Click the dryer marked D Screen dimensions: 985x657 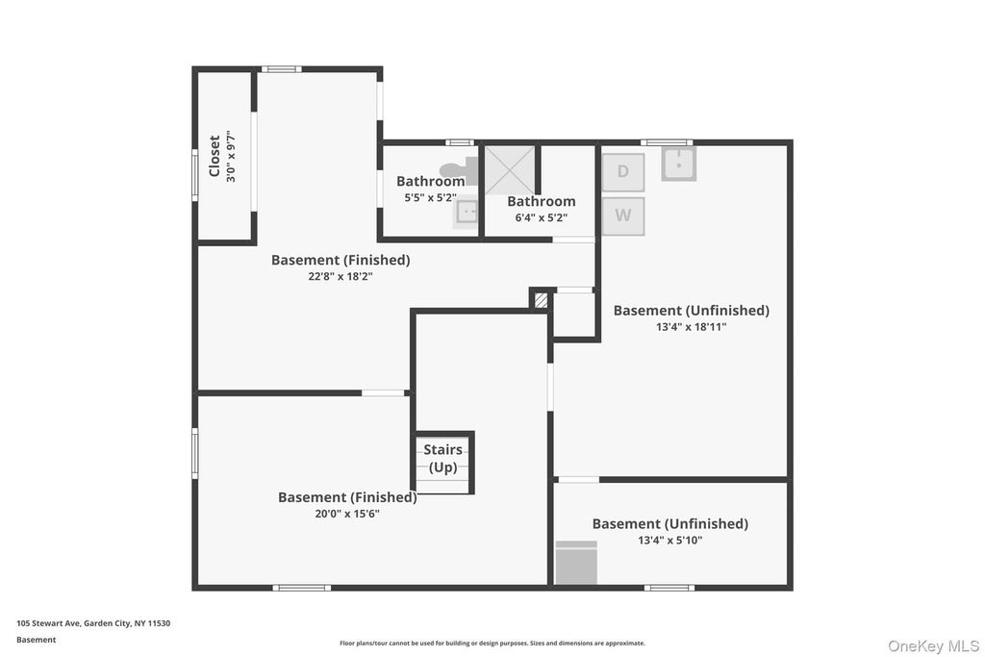click(623, 171)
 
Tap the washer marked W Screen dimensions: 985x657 click(623, 216)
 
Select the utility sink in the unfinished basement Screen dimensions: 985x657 click(678, 164)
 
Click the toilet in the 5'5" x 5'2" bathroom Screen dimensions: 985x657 click(459, 171)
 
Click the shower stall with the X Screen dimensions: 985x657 click(510, 170)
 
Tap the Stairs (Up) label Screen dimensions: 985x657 click(442, 459)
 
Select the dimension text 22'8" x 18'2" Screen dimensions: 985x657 click(341, 276)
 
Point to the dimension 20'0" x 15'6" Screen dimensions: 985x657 click(347, 514)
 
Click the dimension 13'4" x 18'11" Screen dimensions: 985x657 click(691, 327)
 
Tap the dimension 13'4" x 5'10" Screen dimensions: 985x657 click(670, 541)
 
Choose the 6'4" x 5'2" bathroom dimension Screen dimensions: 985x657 click(542, 218)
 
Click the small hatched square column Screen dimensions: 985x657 click(541, 300)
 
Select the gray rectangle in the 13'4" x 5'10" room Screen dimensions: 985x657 click(576, 563)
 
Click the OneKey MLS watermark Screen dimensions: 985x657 click(933, 646)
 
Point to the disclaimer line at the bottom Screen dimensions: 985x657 click(492, 644)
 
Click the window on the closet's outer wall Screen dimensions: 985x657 click(194, 175)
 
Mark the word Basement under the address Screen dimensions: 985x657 click(36, 640)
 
